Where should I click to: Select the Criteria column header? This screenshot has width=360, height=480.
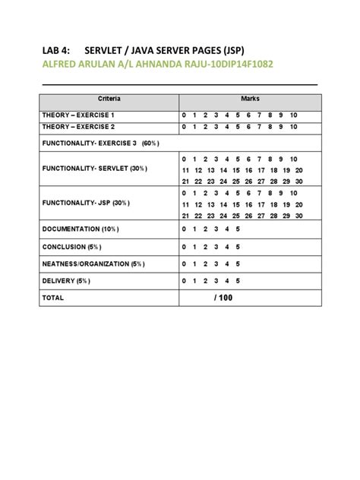[x=109, y=99]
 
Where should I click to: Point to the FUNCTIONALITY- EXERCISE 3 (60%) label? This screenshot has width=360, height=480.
[x=101, y=143]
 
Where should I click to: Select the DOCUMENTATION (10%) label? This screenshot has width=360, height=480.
[x=81, y=229]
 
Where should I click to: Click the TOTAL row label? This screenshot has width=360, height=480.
[x=52, y=298]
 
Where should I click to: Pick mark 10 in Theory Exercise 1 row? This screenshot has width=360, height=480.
[x=294, y=115]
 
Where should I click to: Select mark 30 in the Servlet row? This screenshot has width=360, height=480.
[x=299, y=182]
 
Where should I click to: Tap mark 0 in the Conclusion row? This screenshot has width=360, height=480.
[x=183, y=247]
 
